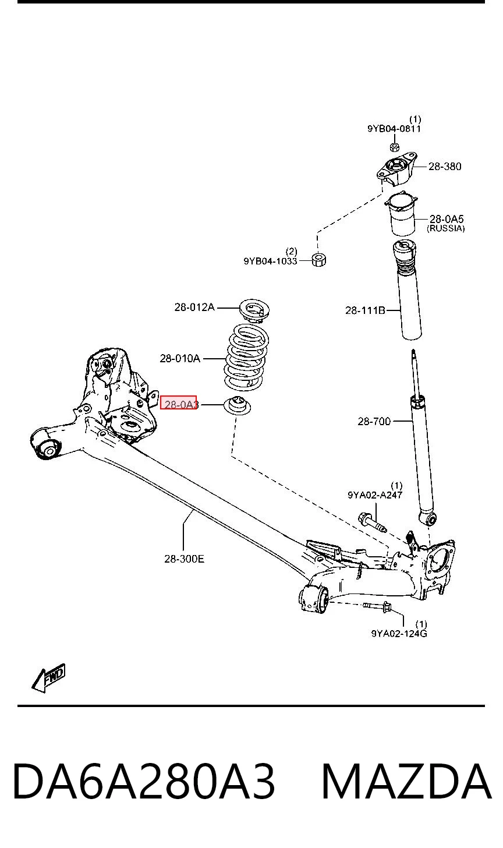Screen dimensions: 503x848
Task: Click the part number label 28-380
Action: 444,166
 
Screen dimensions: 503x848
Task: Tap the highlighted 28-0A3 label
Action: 178,403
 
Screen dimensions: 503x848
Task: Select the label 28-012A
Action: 194,307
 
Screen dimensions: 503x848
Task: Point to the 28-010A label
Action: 180,358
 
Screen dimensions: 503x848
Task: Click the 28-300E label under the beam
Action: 184,559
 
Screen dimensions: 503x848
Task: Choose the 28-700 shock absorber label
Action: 374,421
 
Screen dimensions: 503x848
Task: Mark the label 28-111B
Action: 365,310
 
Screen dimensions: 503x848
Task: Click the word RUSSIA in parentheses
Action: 445,228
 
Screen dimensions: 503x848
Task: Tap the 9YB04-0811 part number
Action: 394,129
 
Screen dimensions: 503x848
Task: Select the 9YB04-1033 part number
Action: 270,261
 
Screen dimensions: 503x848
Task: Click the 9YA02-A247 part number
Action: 375,495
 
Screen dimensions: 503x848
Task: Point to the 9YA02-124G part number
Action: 399,633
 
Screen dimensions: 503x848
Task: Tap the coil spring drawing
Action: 247,357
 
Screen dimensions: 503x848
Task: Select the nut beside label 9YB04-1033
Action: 318,260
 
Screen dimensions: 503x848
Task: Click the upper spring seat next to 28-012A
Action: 255,310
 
